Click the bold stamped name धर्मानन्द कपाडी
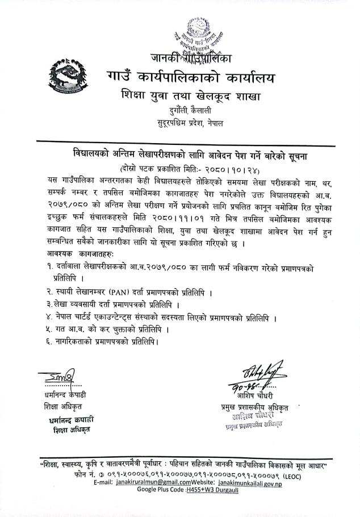tap(71, 420)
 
